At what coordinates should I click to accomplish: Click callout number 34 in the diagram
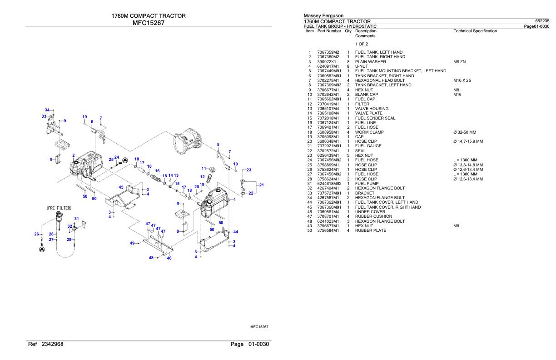click(x=47, y=110)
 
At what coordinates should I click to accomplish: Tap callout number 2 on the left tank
click(x=73, y=155)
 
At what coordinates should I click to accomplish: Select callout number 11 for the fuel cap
click(x=204, y=168)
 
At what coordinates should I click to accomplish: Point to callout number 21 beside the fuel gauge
click(x=261, y=185)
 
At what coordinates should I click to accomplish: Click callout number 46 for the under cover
click(x=169, y=258)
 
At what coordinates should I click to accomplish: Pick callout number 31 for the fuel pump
click(x=77, y=219)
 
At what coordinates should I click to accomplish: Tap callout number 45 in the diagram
click(x=121, y=187)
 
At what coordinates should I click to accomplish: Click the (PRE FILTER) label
click(x=59, y=208)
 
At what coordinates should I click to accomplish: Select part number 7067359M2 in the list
click(x=328, y=52)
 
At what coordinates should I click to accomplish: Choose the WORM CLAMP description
click(x=369, y=132)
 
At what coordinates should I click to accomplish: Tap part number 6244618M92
click(x=329, y=183)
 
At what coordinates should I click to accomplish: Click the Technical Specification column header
click(x=475, y=31)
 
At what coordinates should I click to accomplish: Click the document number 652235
click(x=542, y=21)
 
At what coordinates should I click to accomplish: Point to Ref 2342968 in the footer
click(x=46, y=344)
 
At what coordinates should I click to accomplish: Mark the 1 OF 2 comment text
click(x=362, y=44)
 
